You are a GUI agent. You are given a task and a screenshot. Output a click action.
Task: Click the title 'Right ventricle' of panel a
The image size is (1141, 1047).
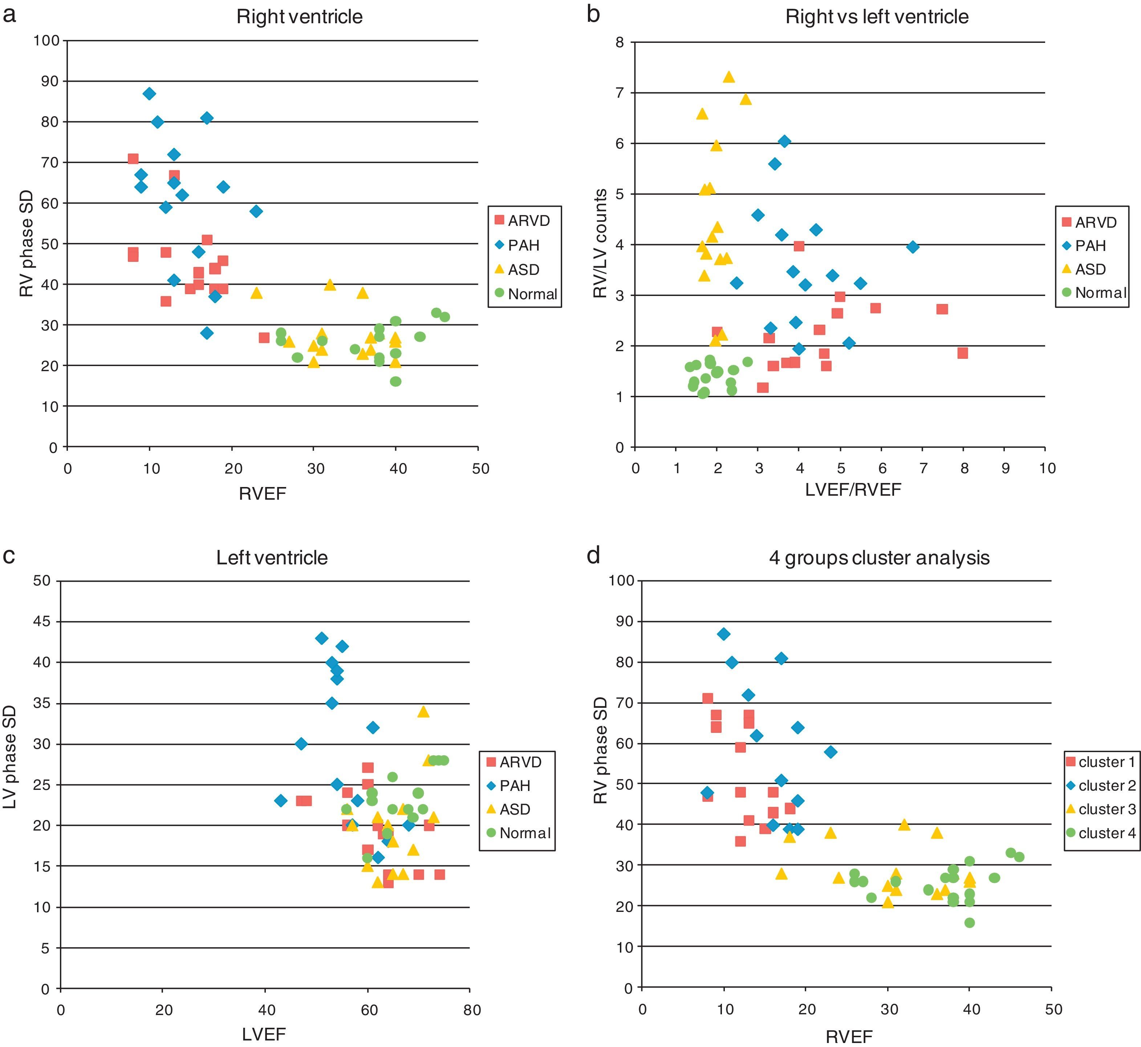pyautogui.click(x=299, y=17)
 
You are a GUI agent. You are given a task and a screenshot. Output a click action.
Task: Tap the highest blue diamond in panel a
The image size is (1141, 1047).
pyautogui.click(x=150, y=93)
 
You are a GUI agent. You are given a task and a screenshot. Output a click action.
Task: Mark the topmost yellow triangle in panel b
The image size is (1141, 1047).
pyautogui.click(x=729, y=77)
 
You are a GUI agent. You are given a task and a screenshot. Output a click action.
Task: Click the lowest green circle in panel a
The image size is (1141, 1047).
pyautogui.click(x=395, y=381)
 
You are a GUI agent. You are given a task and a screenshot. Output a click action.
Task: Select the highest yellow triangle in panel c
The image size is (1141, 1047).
pyautogui.click(x=423, y=711)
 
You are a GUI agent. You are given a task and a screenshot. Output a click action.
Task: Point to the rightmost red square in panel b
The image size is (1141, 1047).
pyautogui.click(x=963, y=353)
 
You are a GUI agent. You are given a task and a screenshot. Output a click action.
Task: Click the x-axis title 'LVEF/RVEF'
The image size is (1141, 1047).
pyautogui.click(x=853, y=490)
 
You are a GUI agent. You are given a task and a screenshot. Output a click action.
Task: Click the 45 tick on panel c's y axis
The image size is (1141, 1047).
pyautogui.click(x=42, y=621)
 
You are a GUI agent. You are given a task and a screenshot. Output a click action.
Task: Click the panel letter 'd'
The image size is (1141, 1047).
pyautogui.click(x=593, y=555)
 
